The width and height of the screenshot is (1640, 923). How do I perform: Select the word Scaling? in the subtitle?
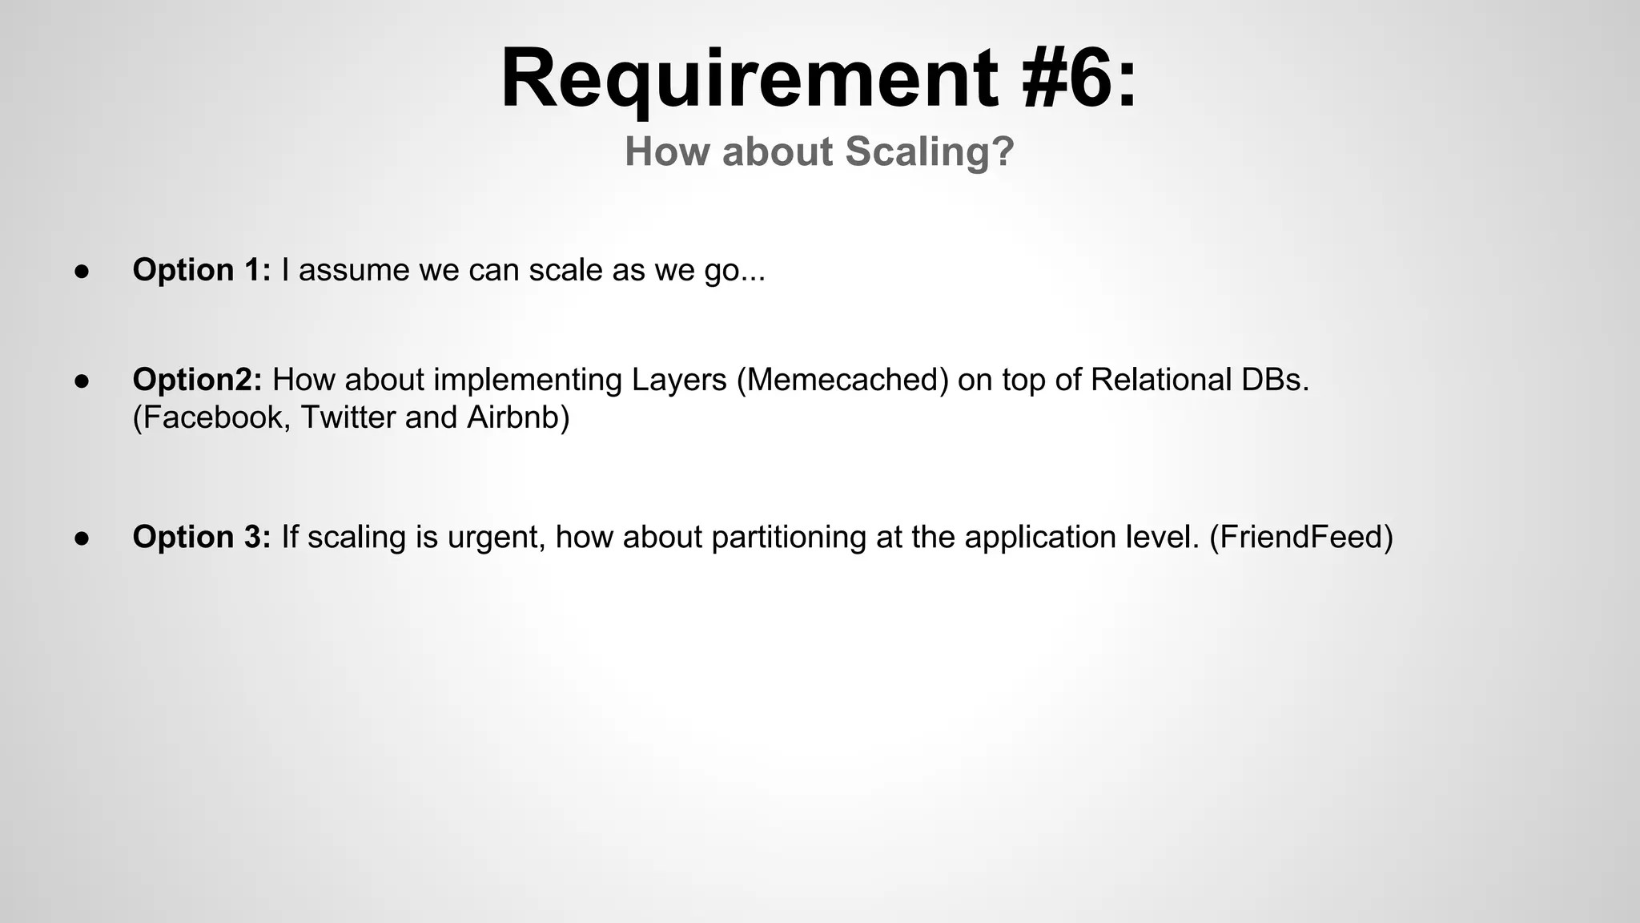tap(930, 152)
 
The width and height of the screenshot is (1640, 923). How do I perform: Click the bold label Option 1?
tap(202, 270)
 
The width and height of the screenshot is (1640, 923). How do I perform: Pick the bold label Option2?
tap(197, 380)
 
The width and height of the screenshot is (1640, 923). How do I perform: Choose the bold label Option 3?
tap(202, 537)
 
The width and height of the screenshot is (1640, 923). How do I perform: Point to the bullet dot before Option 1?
tap(81, 272)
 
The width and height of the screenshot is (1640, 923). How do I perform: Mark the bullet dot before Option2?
tap(81, 381)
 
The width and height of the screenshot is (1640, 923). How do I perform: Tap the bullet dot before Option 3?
tap(81, 538)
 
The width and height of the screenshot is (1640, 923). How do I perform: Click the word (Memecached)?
tap(842, 380)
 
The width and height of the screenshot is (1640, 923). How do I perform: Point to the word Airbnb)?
tap(518, 417)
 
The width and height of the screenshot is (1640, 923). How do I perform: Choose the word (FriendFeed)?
tap(1301, 537)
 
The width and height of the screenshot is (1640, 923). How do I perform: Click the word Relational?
tap(1160, 380)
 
